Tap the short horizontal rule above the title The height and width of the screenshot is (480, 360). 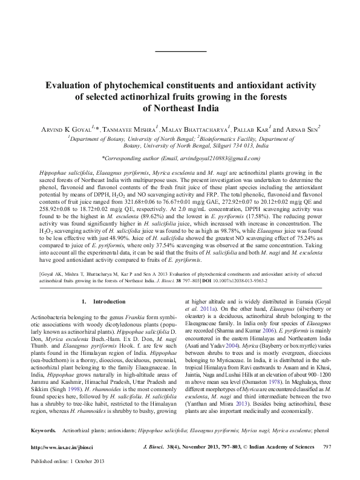(x=180, y=53)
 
